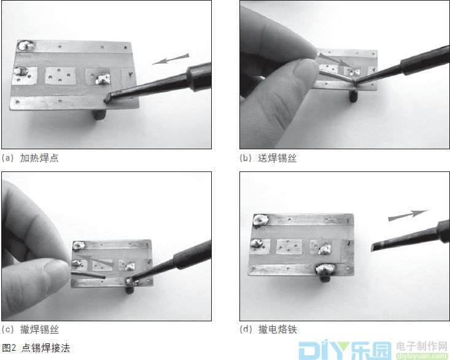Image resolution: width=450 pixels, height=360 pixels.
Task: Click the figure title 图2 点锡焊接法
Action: pos(36,348)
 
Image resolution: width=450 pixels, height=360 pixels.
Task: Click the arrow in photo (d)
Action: pos(407,215)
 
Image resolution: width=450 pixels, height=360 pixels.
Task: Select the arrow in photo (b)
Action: pos(335,61)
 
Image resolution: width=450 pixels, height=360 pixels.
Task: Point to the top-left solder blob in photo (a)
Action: pos(26,45)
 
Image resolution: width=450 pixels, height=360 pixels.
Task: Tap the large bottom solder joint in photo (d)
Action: pos(325,268)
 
